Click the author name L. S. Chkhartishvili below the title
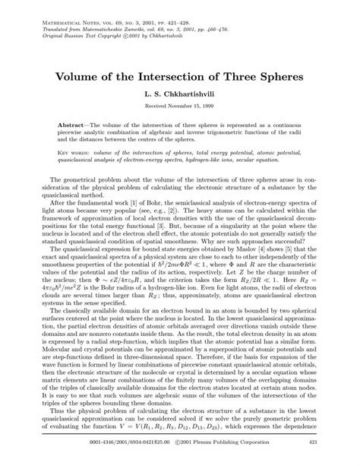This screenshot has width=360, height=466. click(x=180, y=97)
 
